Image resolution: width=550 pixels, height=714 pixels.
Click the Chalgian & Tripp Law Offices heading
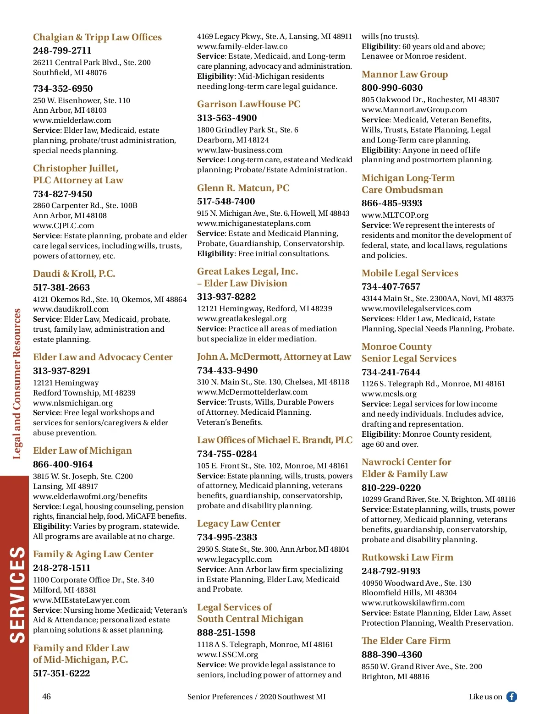tap(97, 37)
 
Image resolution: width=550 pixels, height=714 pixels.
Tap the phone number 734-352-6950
tap(63, 88)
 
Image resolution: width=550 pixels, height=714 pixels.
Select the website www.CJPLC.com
tap(63, 225)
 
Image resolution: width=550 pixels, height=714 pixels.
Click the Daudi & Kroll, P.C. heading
tap(74, 274)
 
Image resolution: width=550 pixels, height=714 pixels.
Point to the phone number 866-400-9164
tap(63, 464)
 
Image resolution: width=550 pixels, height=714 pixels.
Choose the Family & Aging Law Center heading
tap(93, 554)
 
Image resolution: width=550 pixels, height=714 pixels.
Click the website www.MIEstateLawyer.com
tap(81, 600)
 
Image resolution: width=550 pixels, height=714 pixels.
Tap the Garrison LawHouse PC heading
tap(248, 104)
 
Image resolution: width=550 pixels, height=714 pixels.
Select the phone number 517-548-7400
tap(226, 201)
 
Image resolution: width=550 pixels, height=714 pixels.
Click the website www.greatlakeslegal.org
tap(242, 319)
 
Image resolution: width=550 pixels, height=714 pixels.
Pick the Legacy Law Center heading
tap(238, 523)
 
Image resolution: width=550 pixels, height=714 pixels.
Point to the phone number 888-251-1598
tap(226, 632)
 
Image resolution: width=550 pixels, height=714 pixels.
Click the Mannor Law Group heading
tap(404, 74)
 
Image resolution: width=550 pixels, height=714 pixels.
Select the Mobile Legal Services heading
tap(410, 273)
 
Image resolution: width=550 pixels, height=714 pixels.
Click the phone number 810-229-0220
tap(391, 488)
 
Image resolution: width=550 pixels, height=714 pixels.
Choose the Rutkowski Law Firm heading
tap(407, 557)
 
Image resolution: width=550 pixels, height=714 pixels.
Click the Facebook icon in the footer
tap(511, 697)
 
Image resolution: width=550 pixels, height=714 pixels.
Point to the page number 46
tap(46, 697)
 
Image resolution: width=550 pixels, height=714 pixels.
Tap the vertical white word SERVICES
tap(17, 594)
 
